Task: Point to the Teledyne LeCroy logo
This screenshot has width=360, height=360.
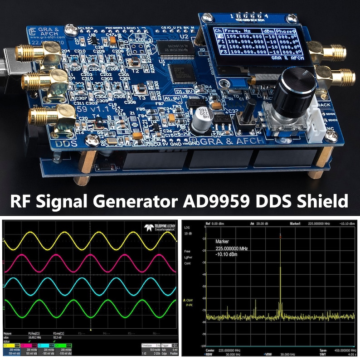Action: coord(160,227)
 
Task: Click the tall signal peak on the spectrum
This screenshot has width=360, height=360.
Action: coord(280,272)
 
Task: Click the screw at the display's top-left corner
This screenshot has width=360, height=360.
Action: coord(207,18)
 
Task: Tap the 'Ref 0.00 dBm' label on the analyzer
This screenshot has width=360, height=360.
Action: coord(216,224)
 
